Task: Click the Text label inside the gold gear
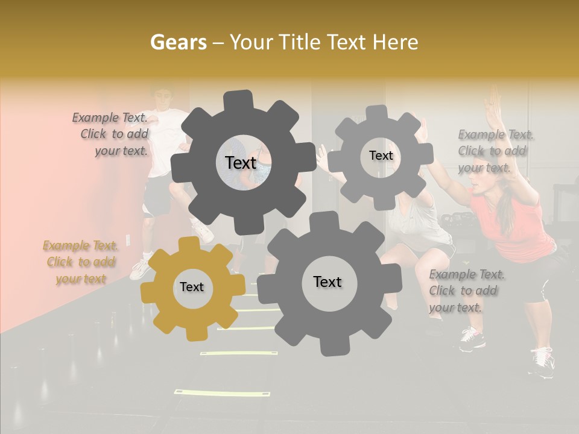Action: coord(192,288)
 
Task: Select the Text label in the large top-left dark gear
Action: coord(241,163)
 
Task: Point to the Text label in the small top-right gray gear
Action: coord(381,156)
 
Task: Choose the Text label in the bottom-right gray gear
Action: coord(327,282)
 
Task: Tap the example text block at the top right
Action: coord(495,151)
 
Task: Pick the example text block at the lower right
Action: coord(466,291)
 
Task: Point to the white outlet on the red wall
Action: coord(128,239)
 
